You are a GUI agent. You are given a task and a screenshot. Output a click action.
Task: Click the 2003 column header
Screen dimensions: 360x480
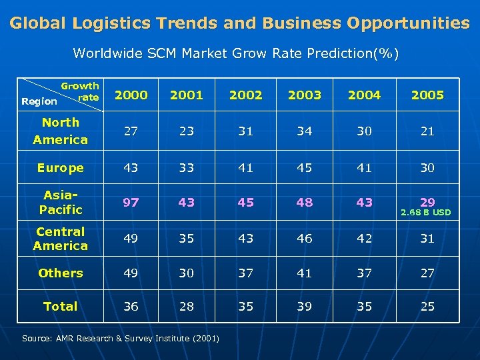coord(305,95)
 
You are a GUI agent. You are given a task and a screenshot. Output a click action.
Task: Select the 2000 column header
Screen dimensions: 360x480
coord(131,95)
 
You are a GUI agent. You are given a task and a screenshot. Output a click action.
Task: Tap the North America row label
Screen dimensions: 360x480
coord(60,131)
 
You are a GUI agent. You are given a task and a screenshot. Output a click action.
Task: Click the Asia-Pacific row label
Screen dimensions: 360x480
coord(60,202)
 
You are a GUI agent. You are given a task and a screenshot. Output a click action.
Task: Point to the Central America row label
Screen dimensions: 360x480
coord(60,239)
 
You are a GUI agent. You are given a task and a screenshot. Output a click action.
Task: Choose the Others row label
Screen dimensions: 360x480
coord(60,273)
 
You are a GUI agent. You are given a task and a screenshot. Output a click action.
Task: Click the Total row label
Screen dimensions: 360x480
coord(60,307)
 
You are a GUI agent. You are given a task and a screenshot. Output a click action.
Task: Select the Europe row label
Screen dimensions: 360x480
coord(60,168)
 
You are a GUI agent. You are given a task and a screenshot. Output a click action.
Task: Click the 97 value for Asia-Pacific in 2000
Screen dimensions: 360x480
coord(131,202)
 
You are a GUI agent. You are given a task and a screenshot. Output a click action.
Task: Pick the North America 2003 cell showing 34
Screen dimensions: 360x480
coord(305,131)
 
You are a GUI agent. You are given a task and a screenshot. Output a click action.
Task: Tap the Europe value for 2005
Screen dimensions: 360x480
coord(427,168)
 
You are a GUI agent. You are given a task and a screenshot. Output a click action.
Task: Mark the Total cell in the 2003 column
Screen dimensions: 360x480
coord(305,307)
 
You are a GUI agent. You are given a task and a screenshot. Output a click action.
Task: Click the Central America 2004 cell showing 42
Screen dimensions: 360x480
coord(364,239)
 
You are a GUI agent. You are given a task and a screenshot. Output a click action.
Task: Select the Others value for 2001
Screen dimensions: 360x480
coord(187,273)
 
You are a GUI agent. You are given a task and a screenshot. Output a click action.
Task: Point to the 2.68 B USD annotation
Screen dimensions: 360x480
coord(425,213)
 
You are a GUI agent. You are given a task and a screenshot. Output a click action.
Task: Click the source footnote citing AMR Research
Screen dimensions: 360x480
coord(121,339)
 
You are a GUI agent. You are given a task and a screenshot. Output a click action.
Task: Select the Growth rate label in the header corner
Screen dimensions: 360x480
coord(80,91)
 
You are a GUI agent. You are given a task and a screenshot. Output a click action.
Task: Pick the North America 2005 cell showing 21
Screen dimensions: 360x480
coord(427,131)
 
